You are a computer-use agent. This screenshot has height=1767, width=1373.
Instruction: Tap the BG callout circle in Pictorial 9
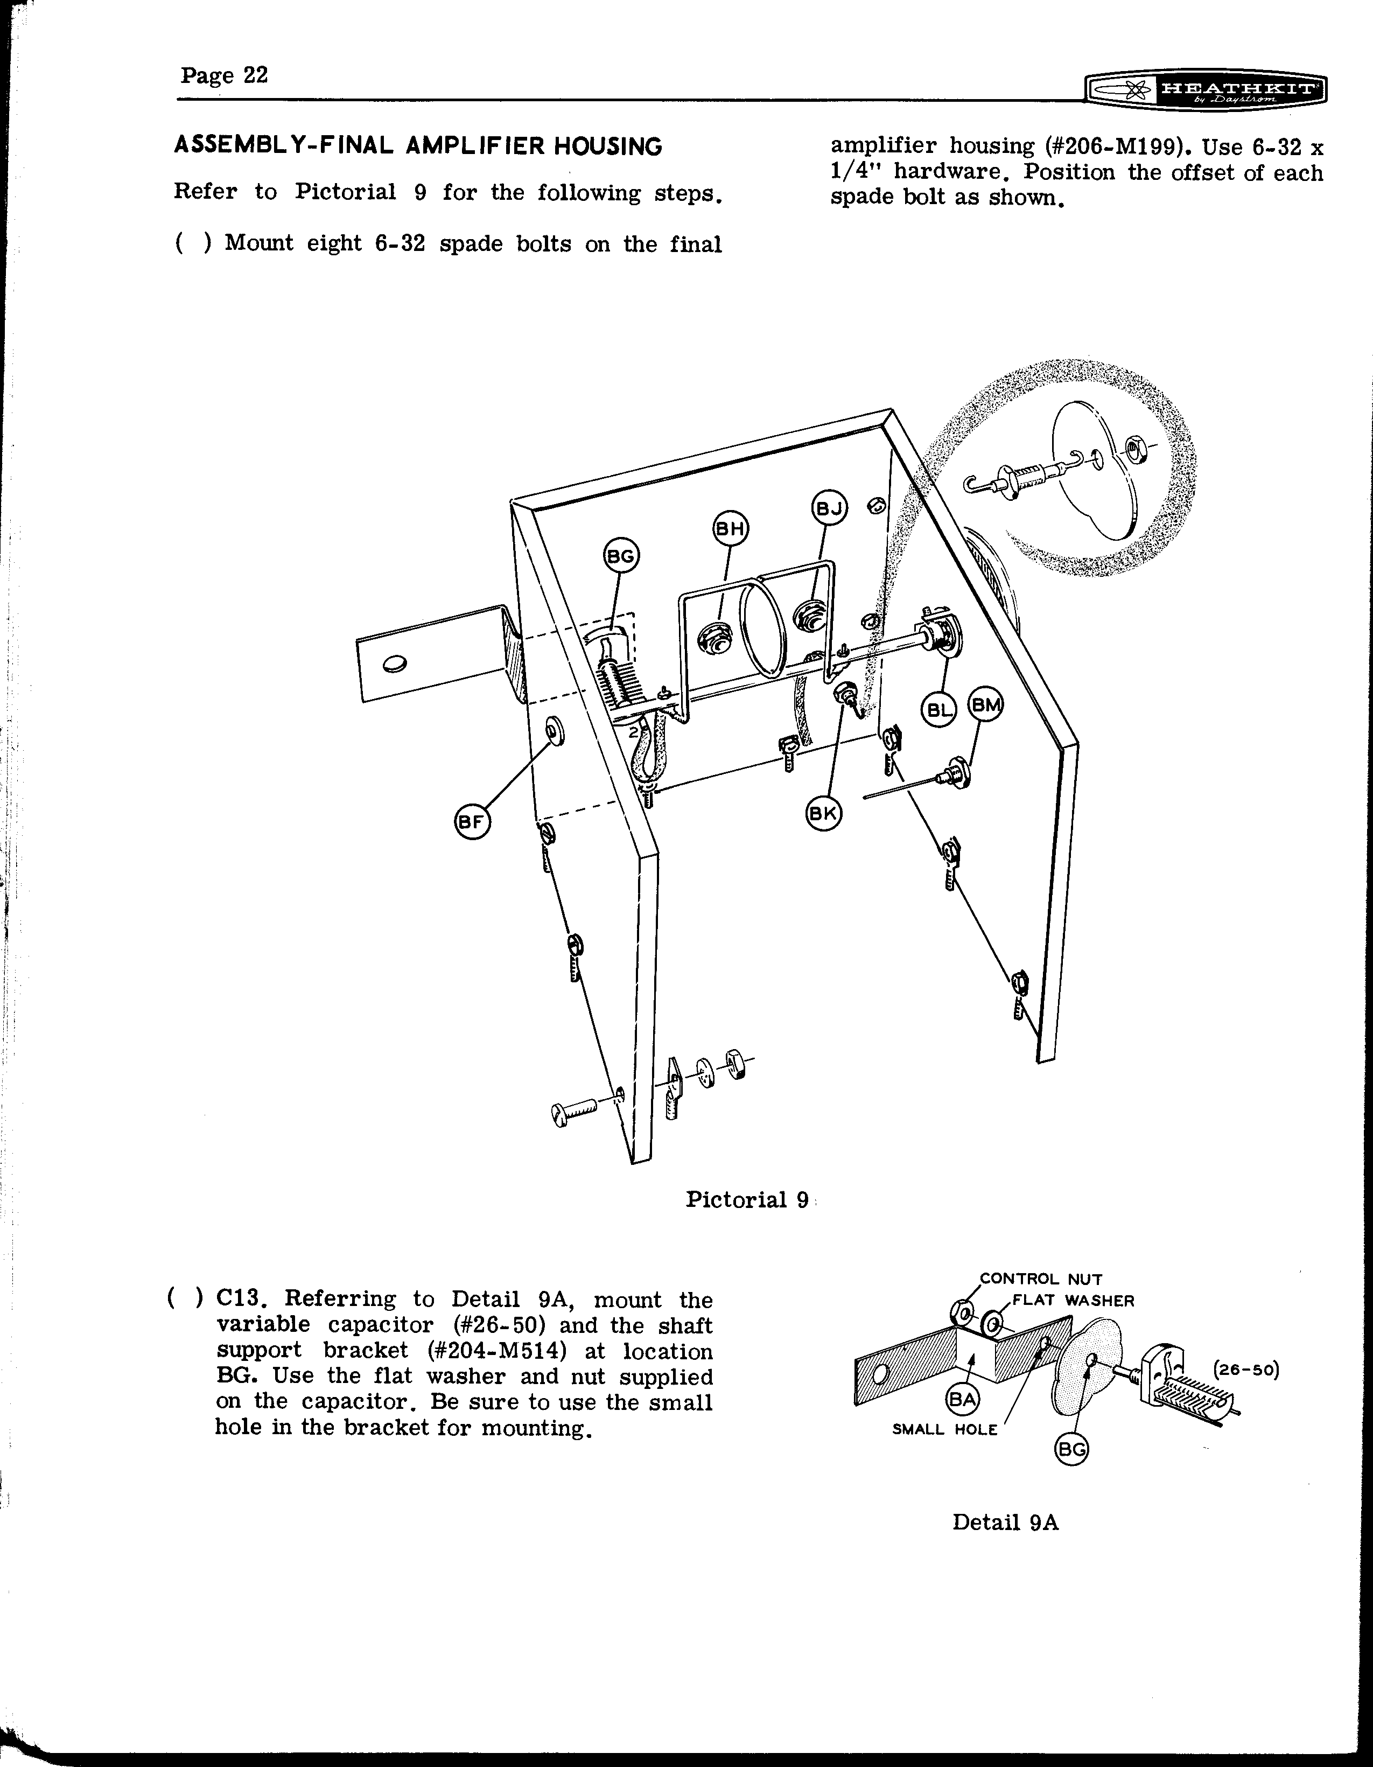click(x=621, y=557)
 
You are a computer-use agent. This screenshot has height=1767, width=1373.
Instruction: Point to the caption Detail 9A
click(x=1005, y=1522)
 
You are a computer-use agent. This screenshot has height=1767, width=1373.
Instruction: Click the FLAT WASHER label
click(x=1073, y=1301)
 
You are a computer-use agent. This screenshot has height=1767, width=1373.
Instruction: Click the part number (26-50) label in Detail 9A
click(x=1246, y=1371)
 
